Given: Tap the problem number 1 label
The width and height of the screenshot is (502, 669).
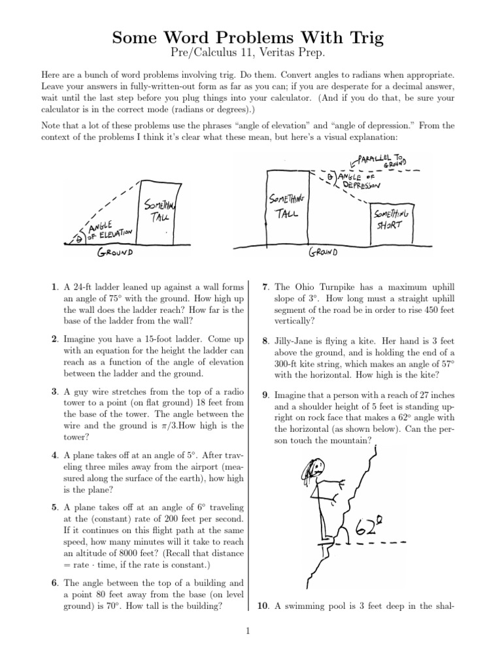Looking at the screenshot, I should tap(54, 287).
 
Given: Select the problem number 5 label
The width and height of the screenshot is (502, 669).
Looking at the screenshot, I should tap(54, 507).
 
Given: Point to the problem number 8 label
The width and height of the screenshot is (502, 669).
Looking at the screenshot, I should tap(265, 340).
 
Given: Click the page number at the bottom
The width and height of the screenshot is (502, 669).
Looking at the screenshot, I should tap(250, 630).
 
